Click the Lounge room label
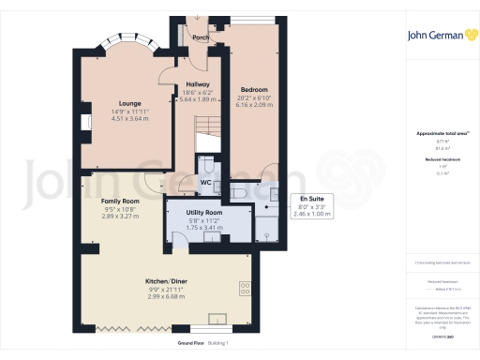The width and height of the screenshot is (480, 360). tap(129, 103)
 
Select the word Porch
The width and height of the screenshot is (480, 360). tap(200, 38)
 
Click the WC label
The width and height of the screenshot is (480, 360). tap(207, 183)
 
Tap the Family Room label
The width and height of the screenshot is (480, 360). tap(120, 202)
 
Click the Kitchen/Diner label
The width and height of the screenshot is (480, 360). tap(164, 281)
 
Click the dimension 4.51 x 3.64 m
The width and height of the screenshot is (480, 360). tap(129, 118)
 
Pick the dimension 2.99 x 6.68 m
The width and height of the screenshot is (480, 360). tap(164, 296)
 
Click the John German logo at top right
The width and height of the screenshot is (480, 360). tap(441, 37)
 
